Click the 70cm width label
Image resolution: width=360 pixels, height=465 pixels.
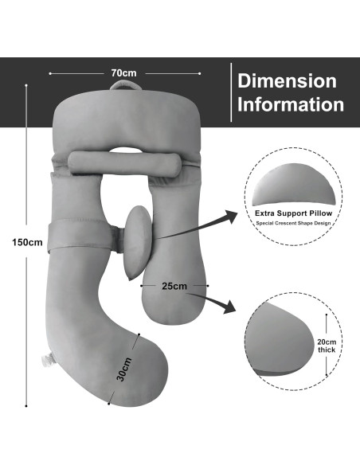point(124,73)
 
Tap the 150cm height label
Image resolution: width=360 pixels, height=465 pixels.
point(27,242)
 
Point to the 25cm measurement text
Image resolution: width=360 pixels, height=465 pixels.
point(174,286)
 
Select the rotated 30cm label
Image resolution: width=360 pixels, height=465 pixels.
point(124,369)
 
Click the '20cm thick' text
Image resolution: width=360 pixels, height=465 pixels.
point(327,346)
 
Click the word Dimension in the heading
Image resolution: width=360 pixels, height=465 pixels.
point(287,80)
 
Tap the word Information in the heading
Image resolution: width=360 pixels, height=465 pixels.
point(291,104)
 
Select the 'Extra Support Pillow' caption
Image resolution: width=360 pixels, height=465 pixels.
point(293,213)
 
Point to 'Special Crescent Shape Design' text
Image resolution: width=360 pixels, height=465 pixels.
point(293,223)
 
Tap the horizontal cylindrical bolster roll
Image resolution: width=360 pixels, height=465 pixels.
point(125,163)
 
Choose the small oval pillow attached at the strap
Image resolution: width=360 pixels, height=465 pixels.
point(139,243)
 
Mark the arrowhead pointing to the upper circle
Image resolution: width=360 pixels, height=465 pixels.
point(231,217)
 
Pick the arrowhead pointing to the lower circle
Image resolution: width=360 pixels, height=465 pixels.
point(229,307)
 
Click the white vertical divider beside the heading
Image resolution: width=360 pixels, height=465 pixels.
point(231,92)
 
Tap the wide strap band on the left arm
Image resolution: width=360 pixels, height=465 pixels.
point(80,236)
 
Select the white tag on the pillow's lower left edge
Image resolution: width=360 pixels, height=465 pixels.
point(48,359)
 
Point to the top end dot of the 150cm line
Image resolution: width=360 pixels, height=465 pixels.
point(26,85)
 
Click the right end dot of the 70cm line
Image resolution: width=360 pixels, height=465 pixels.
point(200,73)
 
